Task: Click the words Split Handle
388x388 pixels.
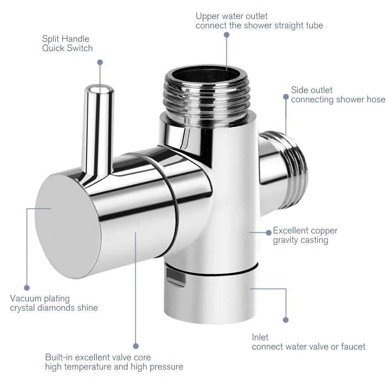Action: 66,39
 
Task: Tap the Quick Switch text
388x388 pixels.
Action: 67,48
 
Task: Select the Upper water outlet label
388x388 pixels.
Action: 231,16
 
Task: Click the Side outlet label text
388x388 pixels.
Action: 312,90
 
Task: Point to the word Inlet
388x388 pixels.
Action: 260,337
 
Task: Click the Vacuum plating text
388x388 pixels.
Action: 40,298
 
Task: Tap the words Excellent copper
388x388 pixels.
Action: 305,231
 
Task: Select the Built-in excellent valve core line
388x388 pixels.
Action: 98,357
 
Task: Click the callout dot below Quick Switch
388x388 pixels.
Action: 100,62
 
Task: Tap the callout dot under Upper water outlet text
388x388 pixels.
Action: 227,35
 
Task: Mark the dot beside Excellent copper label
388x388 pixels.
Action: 268,232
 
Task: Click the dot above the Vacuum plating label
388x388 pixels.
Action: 27,288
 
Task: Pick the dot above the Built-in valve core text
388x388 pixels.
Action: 136,345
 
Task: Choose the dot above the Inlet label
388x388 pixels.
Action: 286,320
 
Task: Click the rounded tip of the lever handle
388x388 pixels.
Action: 99,91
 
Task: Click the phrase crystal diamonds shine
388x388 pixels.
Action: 54,308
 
